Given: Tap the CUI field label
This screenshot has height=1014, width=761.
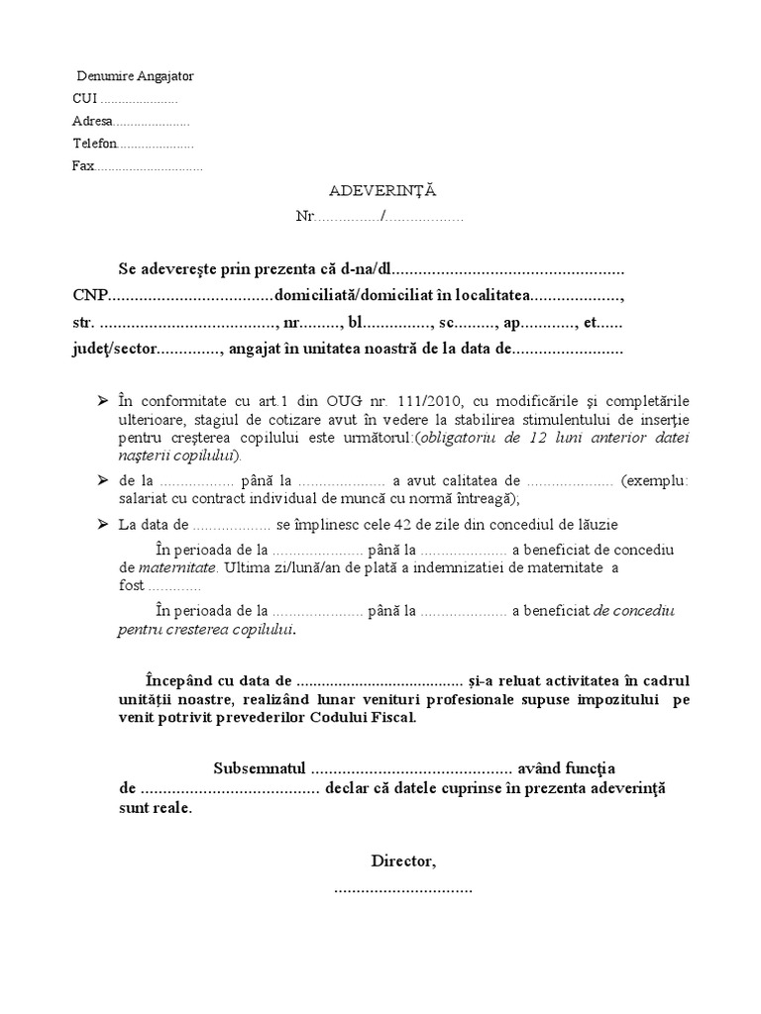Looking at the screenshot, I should point(85,99).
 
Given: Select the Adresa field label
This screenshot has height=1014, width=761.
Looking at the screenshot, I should point(92,121).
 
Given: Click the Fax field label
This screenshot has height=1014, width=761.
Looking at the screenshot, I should point(82,165).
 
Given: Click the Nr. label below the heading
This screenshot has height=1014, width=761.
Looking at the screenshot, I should point(304,216).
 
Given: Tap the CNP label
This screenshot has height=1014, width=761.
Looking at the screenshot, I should point(89,295).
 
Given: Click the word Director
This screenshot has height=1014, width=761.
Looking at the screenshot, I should point(401,862).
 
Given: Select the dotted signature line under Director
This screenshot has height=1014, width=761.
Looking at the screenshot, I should point(403,888).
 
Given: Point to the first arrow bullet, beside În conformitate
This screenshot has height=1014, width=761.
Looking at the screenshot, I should point(103,400).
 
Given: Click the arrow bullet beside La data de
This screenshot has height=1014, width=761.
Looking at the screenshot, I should point(103,525).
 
